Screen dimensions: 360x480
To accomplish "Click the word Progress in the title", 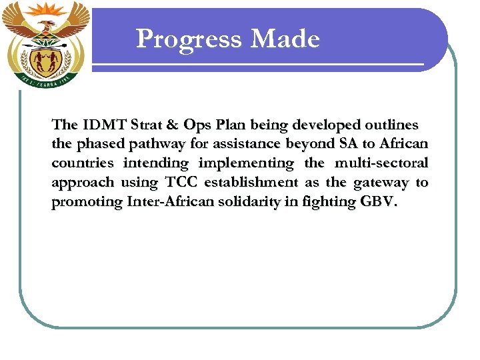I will click(189, 40).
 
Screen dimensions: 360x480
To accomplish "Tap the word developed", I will click(323, 125).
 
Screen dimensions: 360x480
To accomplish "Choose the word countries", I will click(82, 163).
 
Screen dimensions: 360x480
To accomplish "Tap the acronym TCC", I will click(181, 183).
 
